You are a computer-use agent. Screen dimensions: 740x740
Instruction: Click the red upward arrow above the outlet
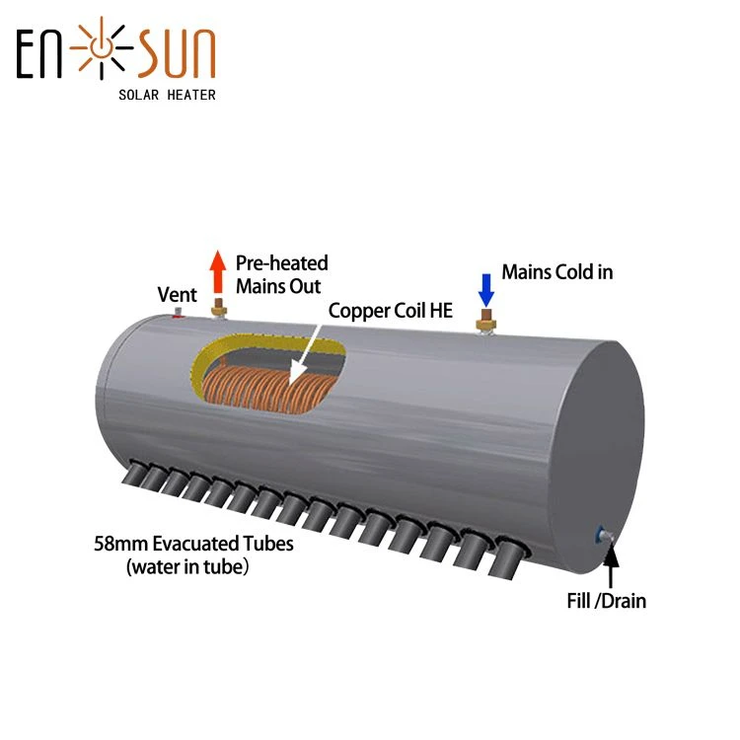[218, 272]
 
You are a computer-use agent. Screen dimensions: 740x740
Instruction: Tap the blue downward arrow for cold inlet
[486, 290]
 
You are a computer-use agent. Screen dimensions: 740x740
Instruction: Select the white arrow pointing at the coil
[306, 354]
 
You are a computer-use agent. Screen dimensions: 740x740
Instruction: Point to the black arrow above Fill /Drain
[611, 566]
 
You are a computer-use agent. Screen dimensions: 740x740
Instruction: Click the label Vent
[177, 294]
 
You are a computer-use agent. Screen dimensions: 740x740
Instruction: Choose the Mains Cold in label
[557, 272]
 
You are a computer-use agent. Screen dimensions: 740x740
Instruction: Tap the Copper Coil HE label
[391, 311]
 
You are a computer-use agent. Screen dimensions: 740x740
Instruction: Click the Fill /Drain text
[607, 601]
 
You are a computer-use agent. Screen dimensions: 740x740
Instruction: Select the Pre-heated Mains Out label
[282, 274]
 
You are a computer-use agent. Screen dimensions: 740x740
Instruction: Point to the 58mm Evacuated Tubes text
[193, 544]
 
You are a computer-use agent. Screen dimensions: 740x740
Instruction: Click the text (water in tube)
[187, 566]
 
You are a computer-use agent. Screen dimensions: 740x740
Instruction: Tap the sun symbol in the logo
[102, 47]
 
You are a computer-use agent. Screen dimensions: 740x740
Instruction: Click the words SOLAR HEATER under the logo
[167, 95]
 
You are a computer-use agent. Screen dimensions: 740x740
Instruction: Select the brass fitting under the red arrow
[218, 308]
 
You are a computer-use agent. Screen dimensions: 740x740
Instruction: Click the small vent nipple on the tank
[178, 312]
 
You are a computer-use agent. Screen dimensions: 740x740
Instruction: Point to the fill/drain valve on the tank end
[604, 536]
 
